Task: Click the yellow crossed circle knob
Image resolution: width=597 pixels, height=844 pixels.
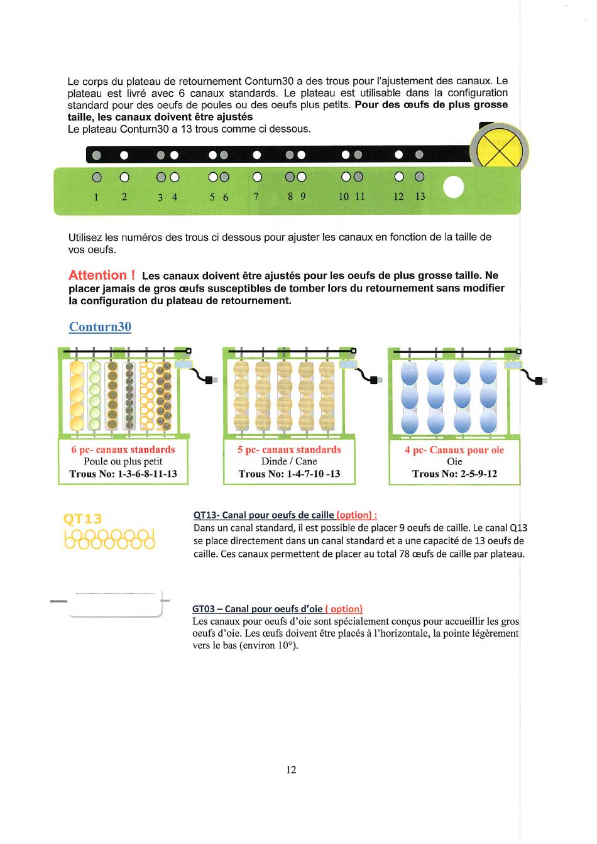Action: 499,150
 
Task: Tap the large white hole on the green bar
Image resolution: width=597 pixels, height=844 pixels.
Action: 454,187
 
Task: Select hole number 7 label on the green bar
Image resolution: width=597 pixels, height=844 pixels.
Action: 256,196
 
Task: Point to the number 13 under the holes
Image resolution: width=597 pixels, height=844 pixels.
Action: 420,196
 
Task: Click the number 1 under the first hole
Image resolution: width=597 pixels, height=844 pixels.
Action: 96,197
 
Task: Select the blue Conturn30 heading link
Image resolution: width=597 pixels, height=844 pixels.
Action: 100,327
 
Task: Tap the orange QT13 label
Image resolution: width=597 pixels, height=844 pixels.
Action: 82,519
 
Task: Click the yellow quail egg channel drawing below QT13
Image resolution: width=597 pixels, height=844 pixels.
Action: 109,539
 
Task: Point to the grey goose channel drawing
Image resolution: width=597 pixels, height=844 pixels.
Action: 110,603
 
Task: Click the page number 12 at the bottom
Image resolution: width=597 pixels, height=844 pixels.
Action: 291,770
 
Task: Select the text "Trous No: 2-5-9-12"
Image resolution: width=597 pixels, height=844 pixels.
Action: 454,474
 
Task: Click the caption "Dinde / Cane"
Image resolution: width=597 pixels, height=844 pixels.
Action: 289,461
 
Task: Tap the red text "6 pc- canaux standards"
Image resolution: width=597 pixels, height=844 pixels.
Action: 123,449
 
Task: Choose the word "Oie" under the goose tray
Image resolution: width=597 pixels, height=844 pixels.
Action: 454,461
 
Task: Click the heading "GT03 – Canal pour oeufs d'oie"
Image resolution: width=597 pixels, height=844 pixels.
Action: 258,609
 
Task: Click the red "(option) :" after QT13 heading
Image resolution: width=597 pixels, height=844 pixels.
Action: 357,515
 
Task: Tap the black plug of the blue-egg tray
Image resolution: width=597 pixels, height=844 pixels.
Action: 539,381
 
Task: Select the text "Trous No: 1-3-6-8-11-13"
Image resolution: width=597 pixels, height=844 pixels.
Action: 123,474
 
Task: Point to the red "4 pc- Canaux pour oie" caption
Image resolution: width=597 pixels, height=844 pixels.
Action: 454,450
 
